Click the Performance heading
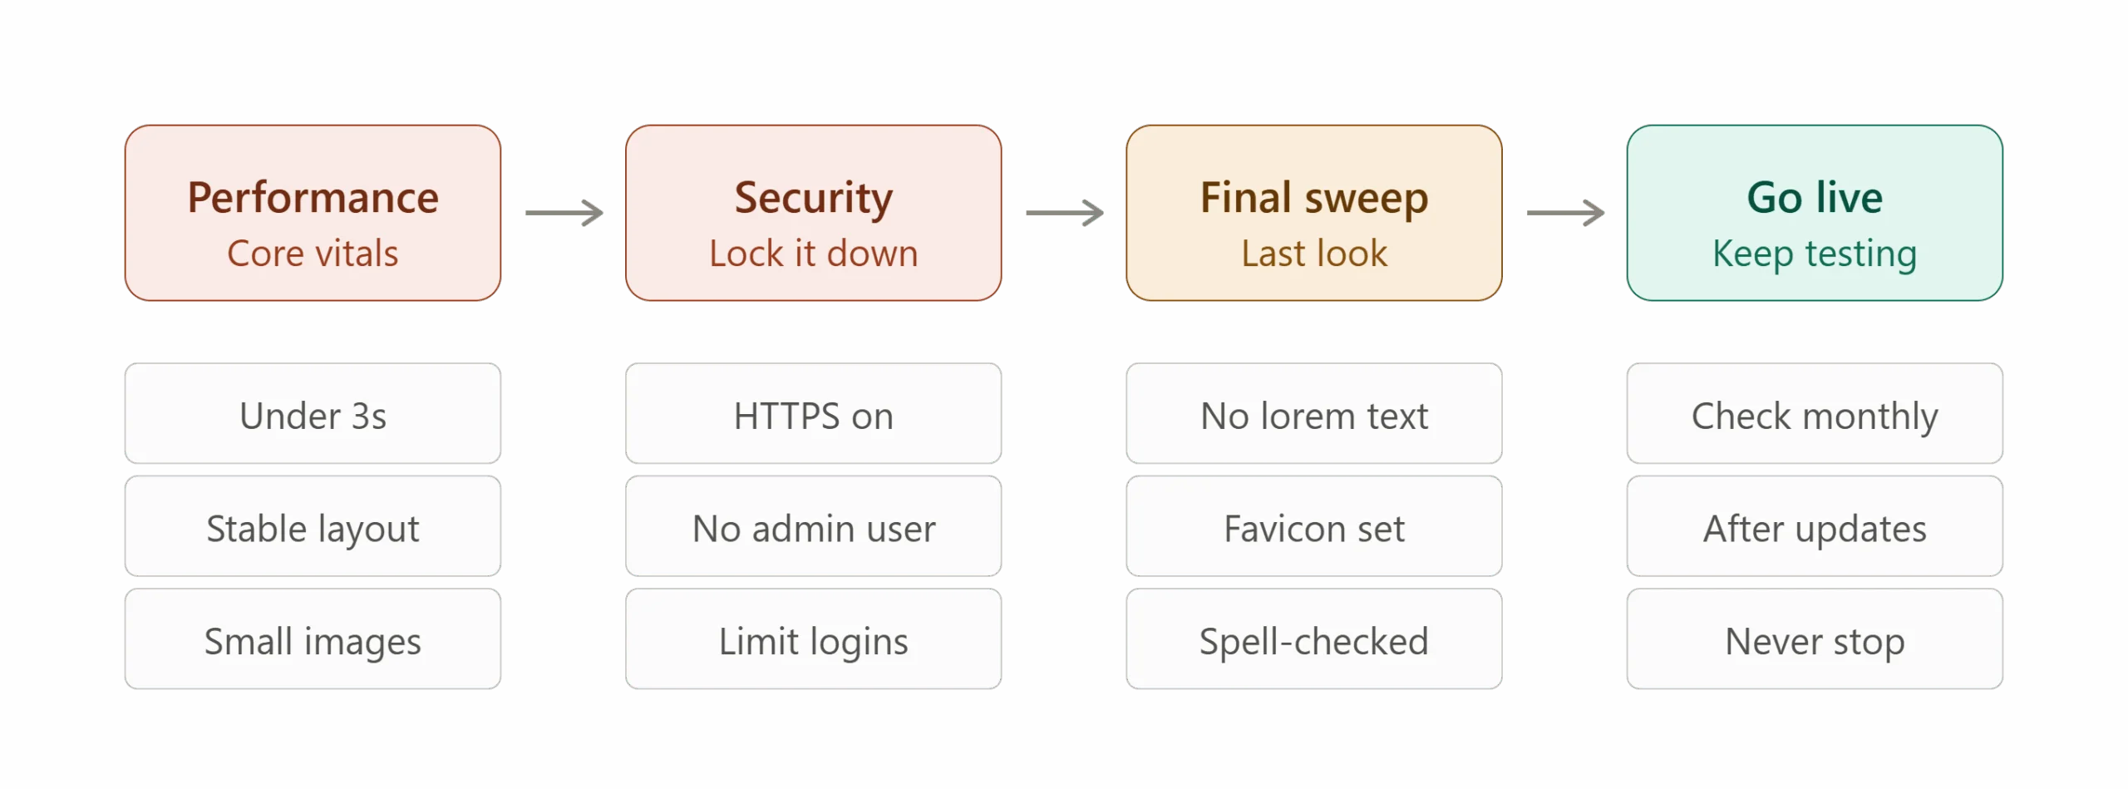tap(313, 198)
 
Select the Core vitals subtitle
tap(313, 253)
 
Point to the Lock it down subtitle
tap(813, 253)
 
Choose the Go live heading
tap(1815, 198)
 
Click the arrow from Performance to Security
tap(564, 213)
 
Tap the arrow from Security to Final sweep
tap(1065, 213)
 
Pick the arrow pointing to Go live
tap(1565, 213)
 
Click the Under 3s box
tap(313, 413)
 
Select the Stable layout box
tap(313, 526)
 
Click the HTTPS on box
tap(813, 413)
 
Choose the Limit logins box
tap(813, 639)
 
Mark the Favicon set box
tap(1314, 526)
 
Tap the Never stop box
tap(1815, 639)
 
